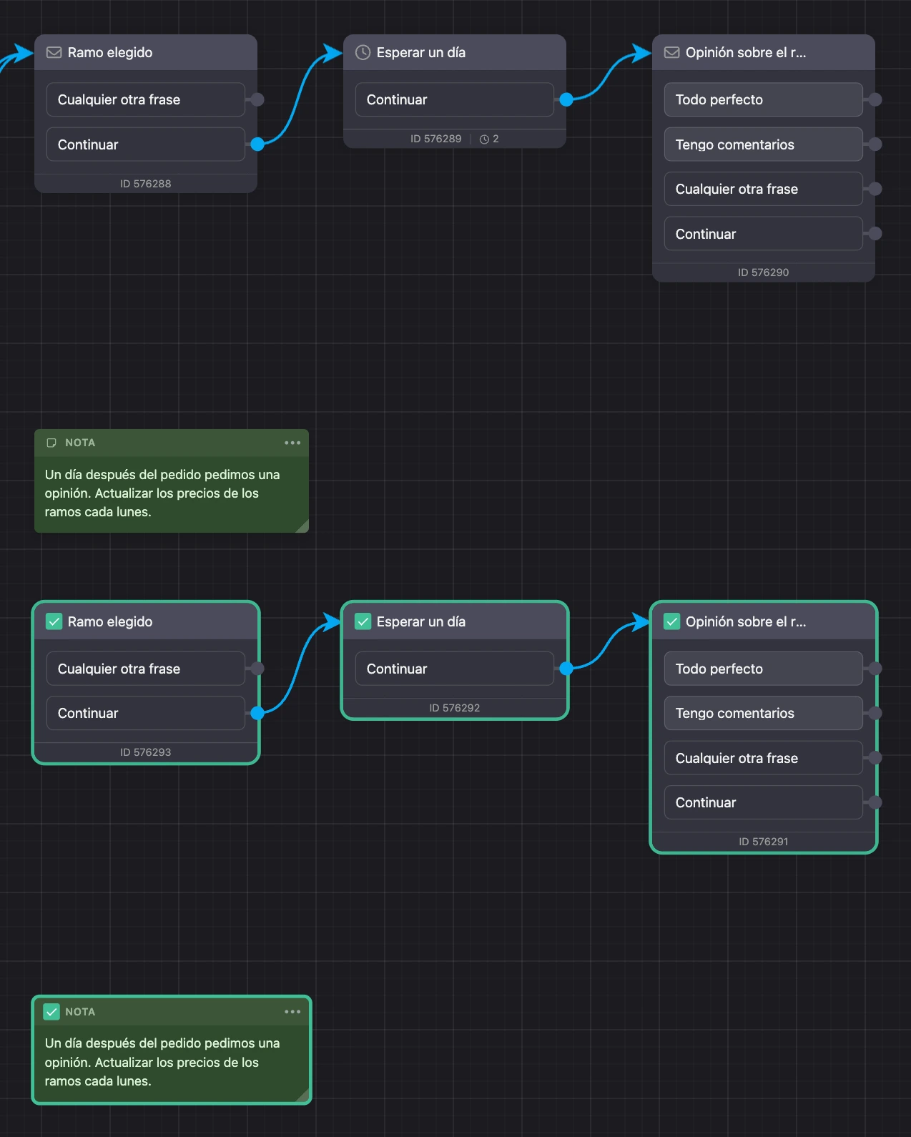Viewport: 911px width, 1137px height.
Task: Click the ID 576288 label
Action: click(145, 184)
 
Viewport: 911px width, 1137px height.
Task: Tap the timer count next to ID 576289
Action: click(489, 139)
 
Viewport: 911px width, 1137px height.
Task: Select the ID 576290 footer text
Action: click(763, 272)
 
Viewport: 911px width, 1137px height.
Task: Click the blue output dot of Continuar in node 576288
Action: click(257, 144)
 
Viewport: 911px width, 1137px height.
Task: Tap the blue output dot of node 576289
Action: click(566, 99)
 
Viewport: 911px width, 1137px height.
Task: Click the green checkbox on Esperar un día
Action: click(363, 621)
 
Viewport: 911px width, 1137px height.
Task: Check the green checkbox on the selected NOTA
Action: click(51, 1012)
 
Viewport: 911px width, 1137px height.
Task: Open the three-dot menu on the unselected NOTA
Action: click(292, 443)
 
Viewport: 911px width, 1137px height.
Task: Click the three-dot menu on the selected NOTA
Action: click(292, 1012)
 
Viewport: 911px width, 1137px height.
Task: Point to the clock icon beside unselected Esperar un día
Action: click(363, 52)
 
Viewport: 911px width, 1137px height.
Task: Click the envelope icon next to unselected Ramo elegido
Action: click(54, 52)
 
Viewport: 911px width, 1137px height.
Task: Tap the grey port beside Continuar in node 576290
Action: click(875, 234)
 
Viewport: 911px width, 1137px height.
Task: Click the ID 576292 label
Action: click(455, 708)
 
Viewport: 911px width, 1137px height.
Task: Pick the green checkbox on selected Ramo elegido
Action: click(54, 621)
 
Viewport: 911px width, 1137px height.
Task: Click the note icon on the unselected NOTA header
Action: click(51, 443)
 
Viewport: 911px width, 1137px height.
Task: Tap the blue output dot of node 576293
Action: click(257, 713)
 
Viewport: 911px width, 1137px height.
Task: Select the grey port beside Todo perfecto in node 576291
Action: click(875, 669)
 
